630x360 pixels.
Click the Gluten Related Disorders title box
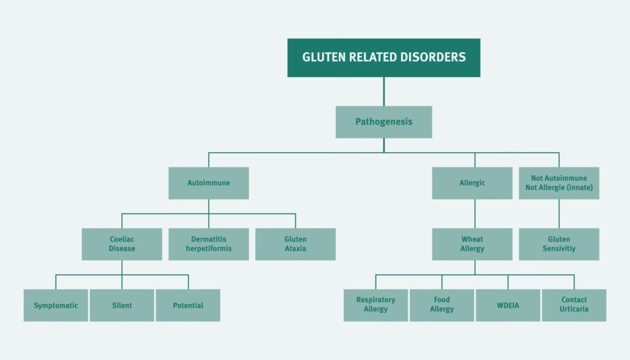tap(383, 58)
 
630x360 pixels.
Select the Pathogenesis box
tap(383, 122)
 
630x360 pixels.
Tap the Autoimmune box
tap(209, 183)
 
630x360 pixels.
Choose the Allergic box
tap(472, 183)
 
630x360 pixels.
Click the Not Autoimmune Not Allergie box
tap(559, 183)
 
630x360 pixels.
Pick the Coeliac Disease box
tap(122, 244)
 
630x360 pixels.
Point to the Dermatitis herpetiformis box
tap(209, 244)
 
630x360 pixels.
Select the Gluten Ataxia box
tap(295, 244)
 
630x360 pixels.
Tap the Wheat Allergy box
tap(472, 244)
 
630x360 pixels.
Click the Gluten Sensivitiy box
tap(559, 244)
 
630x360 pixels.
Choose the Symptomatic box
tap(56, 305)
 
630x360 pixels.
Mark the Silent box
tap(122, 305)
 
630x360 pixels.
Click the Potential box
tap(188, 305)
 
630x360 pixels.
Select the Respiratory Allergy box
tap(375, 305)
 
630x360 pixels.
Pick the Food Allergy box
tap(442, 305)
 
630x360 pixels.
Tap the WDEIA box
tap(508, 305)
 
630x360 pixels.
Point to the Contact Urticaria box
tap(574, 305)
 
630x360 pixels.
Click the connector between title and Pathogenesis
tap(384, 91)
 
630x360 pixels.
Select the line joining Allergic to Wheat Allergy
tap(474, 214)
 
